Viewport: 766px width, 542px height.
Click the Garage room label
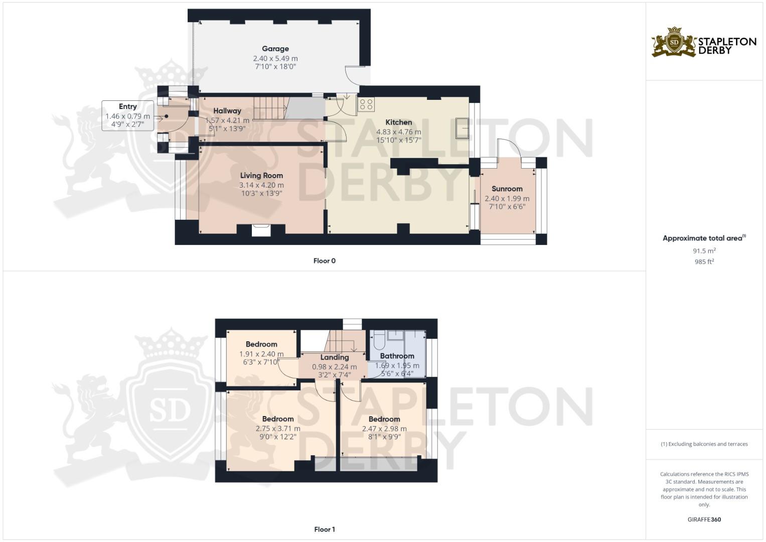point(275,49)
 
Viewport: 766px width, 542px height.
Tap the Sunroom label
point(507,189)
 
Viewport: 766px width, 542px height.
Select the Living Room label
point(261,176)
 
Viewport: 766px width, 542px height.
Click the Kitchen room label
point(399,122)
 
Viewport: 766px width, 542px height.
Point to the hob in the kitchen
point(366,104)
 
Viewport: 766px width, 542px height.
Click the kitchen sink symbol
point(462,128)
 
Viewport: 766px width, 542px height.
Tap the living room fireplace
point(261,230)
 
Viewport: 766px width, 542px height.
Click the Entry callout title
point(128,106)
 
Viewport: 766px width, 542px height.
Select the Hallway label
point(227,111)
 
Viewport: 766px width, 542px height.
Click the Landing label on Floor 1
point(335,357)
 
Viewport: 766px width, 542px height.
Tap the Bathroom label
point(397,356)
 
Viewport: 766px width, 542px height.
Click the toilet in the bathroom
point(378,341)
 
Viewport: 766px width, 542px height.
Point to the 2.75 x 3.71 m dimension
point(278,429)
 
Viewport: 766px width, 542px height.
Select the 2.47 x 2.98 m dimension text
point(384,429)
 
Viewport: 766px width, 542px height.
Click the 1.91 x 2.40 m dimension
point(261,354)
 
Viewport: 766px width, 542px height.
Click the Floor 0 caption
point(325,261)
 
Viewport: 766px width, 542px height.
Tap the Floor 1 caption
point(325,529)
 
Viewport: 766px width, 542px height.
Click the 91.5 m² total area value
point(704,251)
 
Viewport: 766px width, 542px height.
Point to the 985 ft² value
point(704,261)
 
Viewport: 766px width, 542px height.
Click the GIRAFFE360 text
point(704,519)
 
